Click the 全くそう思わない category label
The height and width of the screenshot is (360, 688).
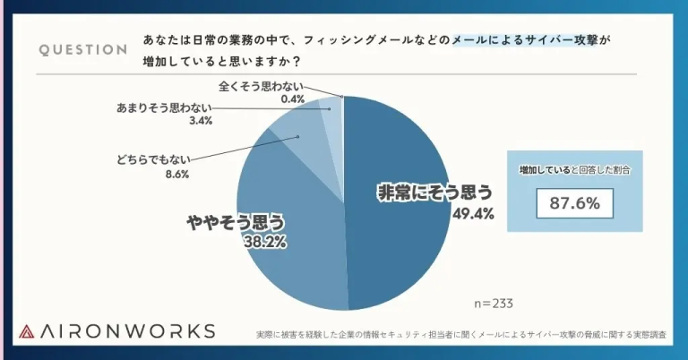(x=262, y=86)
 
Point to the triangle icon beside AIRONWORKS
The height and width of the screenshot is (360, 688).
(x=28, y=330)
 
